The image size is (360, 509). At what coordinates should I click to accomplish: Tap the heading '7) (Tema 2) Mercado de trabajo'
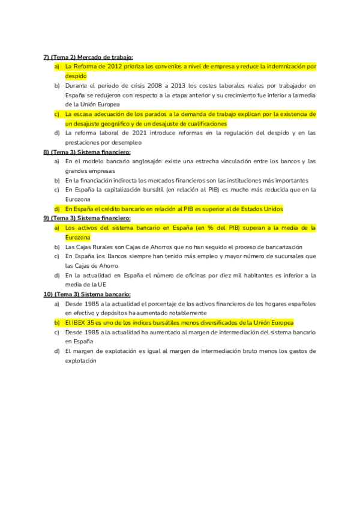tap(88, 56)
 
